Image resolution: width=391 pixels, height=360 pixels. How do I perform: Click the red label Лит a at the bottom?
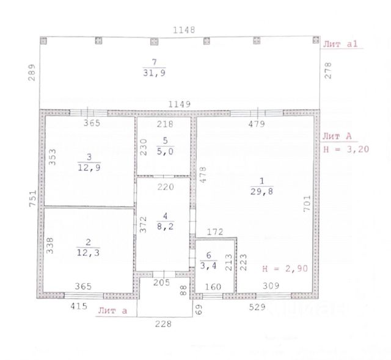tap(112, 311)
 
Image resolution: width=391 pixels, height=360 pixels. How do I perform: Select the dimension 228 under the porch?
tap(163, 325)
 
